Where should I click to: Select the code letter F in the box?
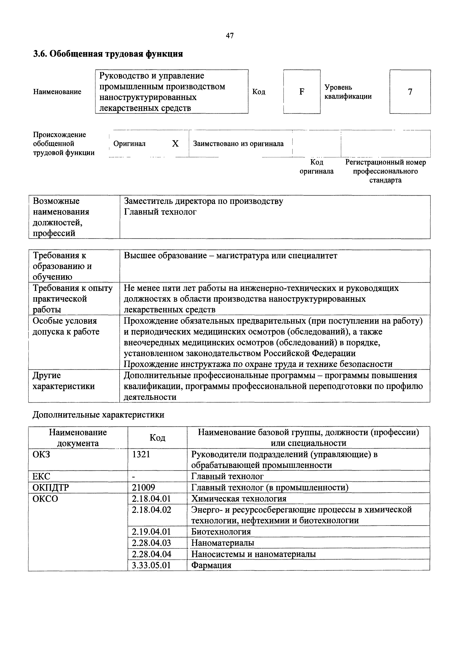click(302, 92)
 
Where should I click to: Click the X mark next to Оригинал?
click(175, 144)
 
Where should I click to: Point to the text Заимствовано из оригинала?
click(238, 144)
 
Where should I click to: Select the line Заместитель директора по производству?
click(203, 201)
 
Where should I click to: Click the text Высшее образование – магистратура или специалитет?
click(231, 256)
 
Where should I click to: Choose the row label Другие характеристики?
click(64, 381)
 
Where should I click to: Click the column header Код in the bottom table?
click(157, 438)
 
